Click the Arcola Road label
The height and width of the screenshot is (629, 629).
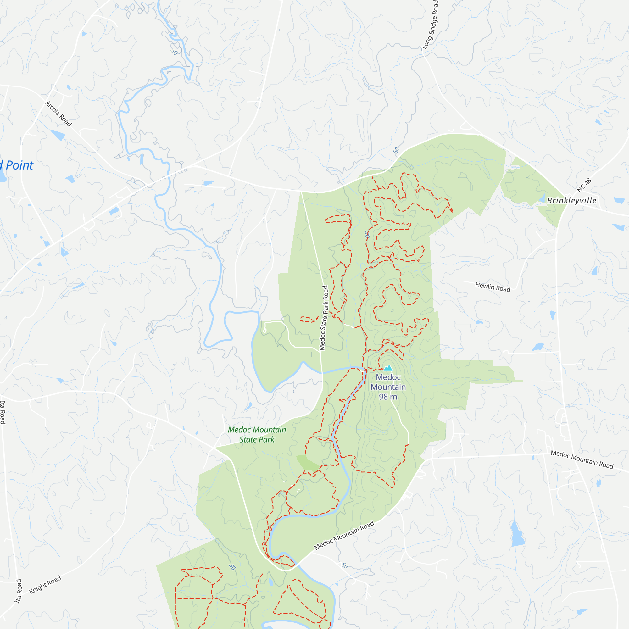(58, 114)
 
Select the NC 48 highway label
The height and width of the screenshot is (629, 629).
(584, 185)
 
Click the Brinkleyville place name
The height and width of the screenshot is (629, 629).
(572, 201)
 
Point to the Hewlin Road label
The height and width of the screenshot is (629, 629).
(493, 287)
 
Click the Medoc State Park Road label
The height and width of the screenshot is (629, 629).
(324, 318)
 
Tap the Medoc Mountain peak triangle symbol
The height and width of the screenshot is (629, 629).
(388, 368)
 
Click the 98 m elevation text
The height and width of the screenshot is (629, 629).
(388, 397)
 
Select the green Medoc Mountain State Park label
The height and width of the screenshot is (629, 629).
(257, 435)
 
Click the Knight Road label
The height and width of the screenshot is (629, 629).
(45, 585)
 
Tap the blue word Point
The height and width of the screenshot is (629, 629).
(19, 165)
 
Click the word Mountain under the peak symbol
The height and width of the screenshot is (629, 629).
(388, 387)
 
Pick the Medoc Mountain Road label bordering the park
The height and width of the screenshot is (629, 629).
(344, 536)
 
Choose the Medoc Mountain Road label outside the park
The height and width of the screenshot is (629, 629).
(582, 459)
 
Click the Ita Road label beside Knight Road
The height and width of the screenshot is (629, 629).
(19, 591)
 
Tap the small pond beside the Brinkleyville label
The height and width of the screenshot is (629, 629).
(543, 198)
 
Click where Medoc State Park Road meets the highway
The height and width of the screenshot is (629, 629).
(300, 192)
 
